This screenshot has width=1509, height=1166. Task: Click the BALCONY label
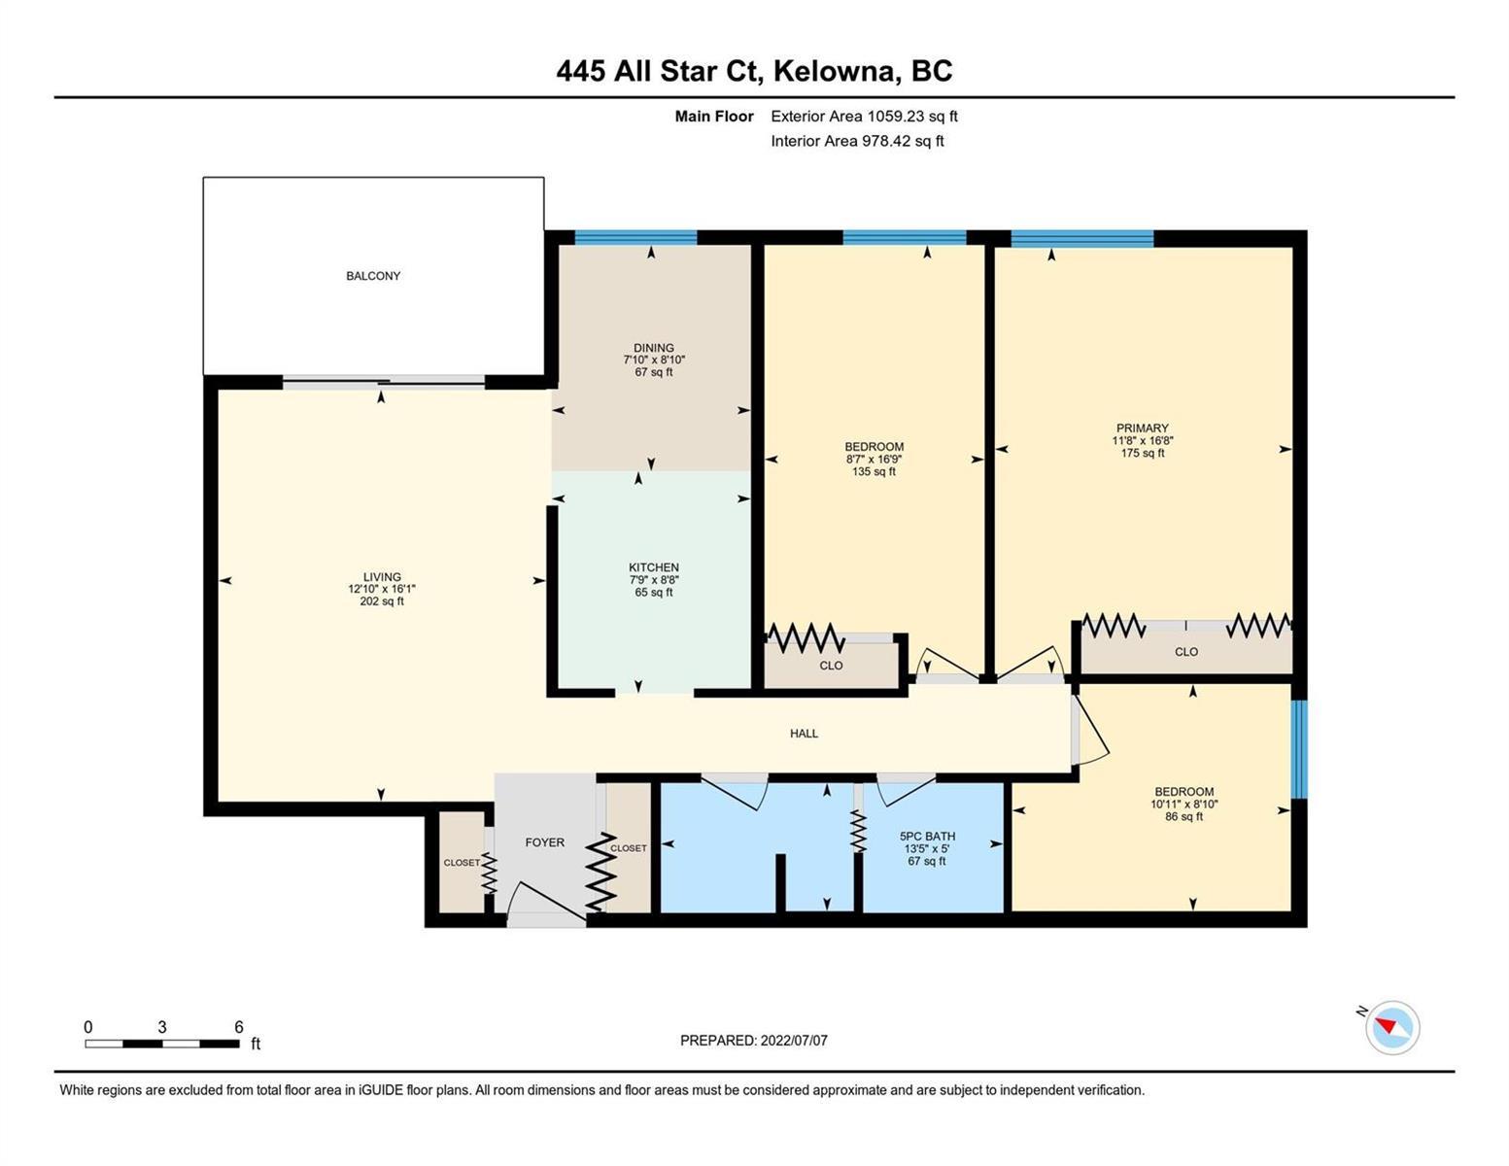tap(373, 276)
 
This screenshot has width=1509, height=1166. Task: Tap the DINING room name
tap(654, 347)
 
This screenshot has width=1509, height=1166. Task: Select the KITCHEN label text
tap(654, 567)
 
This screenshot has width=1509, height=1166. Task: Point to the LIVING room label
tap(382, 576)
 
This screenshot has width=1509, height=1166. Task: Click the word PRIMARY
tap(1143, 428)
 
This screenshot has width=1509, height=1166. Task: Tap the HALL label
tap(805, 733)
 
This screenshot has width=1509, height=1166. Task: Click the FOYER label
tap(544, 842)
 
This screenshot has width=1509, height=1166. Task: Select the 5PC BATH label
tap(927, 837)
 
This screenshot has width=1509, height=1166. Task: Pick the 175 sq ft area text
tap(1143, 453)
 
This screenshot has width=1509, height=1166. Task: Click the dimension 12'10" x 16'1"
tap(382, 589)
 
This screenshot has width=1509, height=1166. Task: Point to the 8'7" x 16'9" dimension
tap(874, 459)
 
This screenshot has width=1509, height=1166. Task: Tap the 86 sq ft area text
tap(1184, 817)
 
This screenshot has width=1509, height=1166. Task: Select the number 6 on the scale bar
tap(239, 1026)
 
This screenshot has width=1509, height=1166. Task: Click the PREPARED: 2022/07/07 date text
tap(753, 1041)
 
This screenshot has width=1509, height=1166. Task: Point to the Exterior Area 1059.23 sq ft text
tap(864, 116)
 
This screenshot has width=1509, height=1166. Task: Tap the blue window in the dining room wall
tap(635, 237)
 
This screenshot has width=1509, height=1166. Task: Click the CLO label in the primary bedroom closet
tap(1186, 651)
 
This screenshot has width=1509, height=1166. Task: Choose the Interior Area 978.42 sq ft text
tap(857, 141)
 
